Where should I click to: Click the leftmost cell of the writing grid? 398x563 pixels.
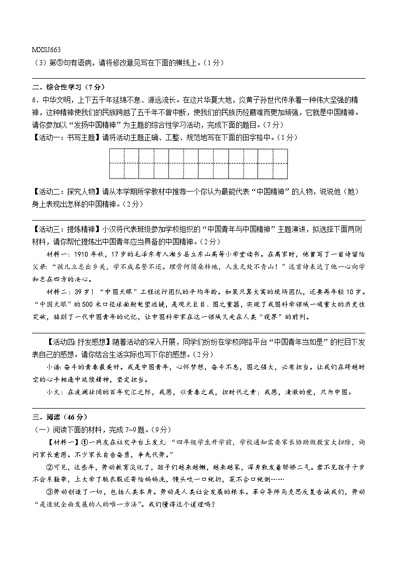pos(116,163)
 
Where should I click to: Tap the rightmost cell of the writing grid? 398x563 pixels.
pos(280,163)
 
